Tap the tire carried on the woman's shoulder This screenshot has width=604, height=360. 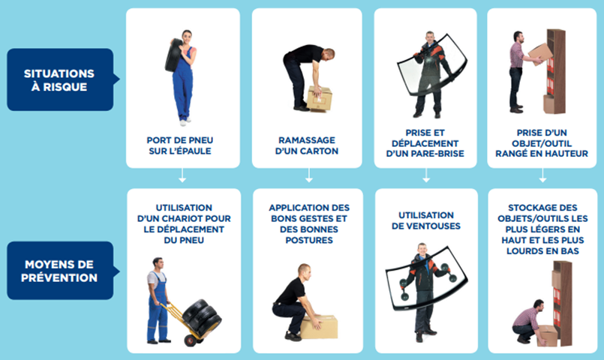coord(173,55)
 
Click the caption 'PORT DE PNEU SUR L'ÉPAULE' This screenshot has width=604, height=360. coord(180,145)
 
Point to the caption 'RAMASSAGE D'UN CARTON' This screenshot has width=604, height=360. coord(307,145)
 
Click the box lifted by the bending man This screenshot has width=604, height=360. coord(320,99)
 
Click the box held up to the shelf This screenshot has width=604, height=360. coord(540,54)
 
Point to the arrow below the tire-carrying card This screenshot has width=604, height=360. coord(182,175)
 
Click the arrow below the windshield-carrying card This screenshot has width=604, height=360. coord(426,175)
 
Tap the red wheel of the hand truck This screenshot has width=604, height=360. coord(191,340)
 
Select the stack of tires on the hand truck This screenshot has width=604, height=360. coord(202,318)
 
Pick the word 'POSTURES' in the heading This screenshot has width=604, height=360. coord(309,240)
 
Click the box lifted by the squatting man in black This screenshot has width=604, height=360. coord(320,327)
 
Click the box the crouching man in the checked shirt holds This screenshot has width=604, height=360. coord(548,335)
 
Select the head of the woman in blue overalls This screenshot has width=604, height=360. coord(187,37)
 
